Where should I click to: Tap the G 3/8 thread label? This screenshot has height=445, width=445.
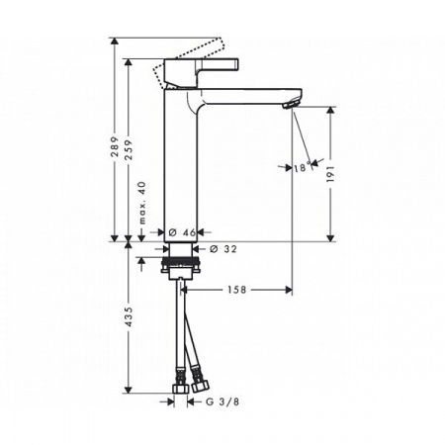click(222, 402)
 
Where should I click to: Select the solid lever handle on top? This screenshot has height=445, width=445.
click(203, 72)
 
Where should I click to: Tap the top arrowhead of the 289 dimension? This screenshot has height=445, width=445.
click(115, 43)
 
